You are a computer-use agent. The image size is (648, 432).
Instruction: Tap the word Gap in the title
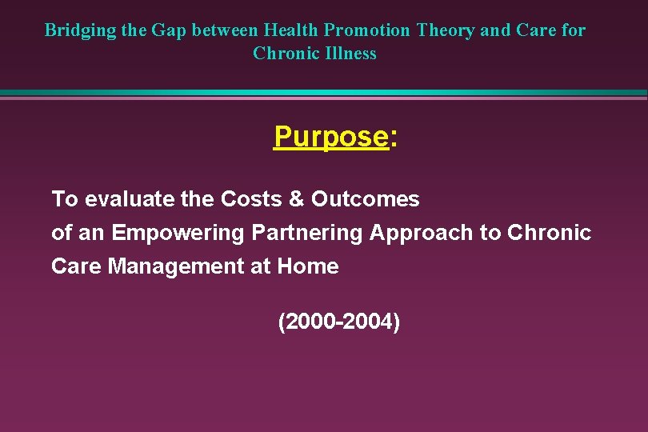click(x=166, y=31)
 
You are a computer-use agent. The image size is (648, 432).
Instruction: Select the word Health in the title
click(x=290, y=31)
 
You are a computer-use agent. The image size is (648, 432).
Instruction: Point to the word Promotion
click(x=366, y=31)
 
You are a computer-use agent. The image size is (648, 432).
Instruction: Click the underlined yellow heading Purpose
click(x=330, y=137)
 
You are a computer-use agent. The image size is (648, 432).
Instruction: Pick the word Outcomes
click(x=366, y=198)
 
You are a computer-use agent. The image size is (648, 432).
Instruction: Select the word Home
click(x=308, y=266)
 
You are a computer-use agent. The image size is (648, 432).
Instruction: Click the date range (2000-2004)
click(x=338, y=322)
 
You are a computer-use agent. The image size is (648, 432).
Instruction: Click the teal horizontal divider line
click(x=324, y=93)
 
